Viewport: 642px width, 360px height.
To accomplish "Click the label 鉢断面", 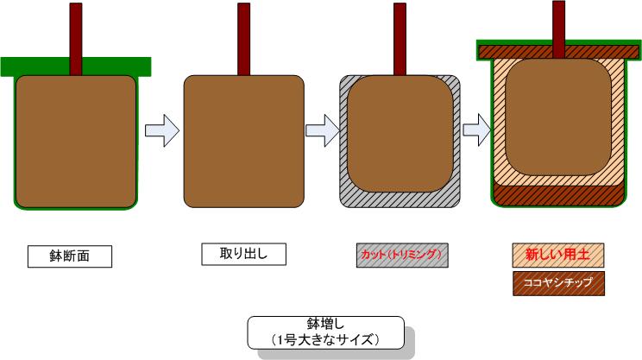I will [x=70, y=256].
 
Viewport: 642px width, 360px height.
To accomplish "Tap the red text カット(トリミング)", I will [x=401, y=255].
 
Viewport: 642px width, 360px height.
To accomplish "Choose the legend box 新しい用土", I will [x=557, y=255].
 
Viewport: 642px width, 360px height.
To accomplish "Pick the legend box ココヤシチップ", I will [x=557, y=282].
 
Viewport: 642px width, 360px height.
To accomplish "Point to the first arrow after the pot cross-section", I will [x=160, y=131].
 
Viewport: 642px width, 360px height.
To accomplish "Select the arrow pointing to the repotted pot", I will [x=477, y=131].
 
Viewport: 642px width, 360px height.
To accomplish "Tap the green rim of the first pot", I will [x=26, y=66].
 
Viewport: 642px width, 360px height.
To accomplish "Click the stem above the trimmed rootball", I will [x=400, y=39].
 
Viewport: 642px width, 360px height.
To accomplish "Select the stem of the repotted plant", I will [x=558, y=22].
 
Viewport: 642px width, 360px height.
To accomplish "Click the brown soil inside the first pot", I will [x=76, y=142].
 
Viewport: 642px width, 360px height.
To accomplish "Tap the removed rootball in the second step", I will [x=244, y=142].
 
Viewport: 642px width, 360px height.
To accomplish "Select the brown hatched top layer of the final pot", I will [x=518, y=51].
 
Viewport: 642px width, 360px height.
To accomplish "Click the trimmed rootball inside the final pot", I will [x=557, y=117].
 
